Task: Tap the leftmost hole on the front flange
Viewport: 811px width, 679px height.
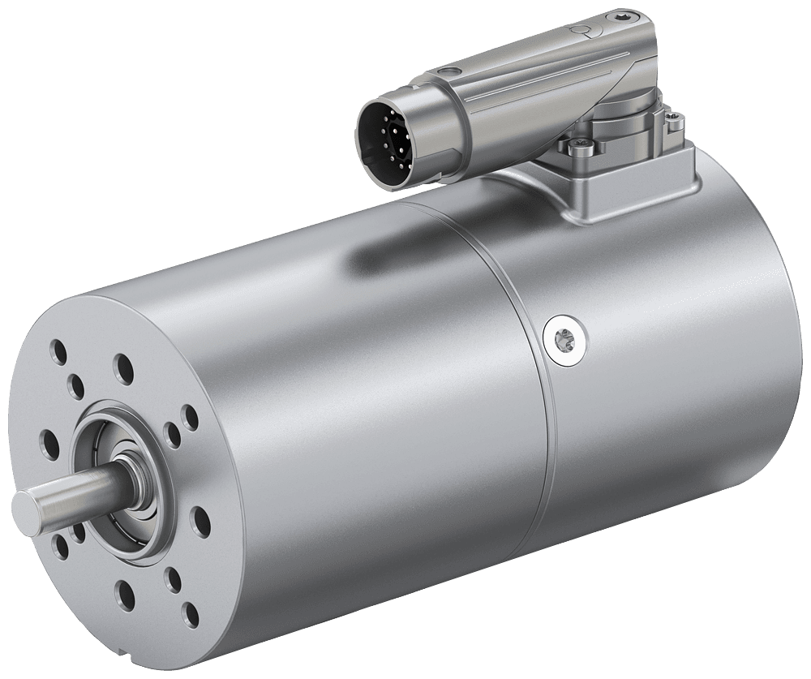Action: click(46, 443)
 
